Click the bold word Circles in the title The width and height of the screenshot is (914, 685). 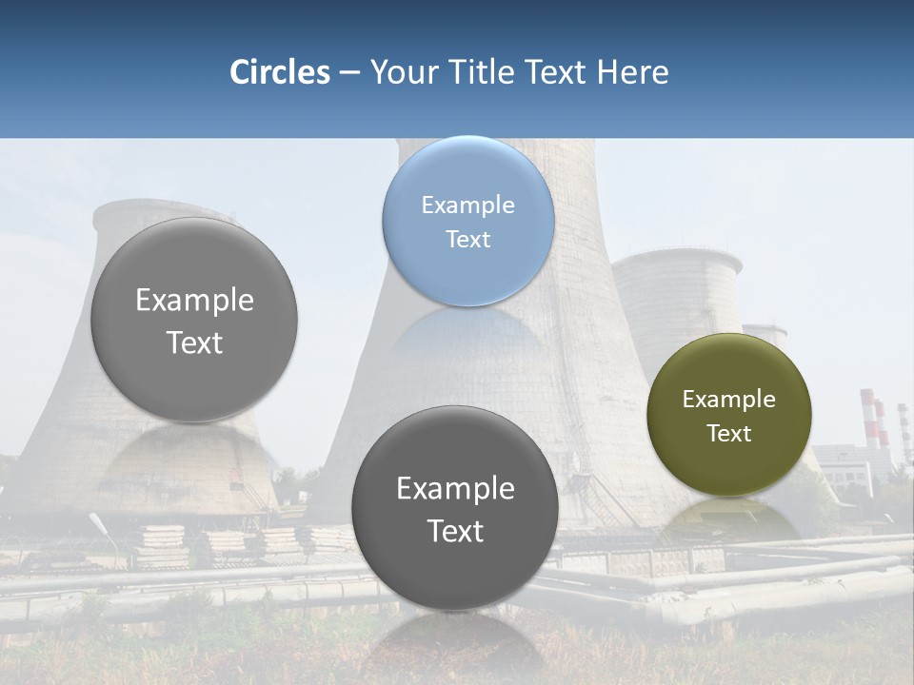(279, 72)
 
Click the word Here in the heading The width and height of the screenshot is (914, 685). (632, 72)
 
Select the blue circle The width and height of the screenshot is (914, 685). (467, 221)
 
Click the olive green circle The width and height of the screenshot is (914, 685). (728, 414)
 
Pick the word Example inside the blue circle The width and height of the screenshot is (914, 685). (467, 205)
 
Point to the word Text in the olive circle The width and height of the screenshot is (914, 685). (728, 434)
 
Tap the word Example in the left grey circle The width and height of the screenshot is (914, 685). (194, 301)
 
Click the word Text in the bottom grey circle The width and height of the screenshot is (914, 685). (455, 531)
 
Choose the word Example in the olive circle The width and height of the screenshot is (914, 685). (728, 400)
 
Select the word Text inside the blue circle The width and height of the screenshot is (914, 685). (467, 239)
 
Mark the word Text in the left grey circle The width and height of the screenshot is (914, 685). (194, 342)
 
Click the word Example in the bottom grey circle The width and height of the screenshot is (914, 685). (455, 489)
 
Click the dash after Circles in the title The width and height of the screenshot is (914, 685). (349, 73)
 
